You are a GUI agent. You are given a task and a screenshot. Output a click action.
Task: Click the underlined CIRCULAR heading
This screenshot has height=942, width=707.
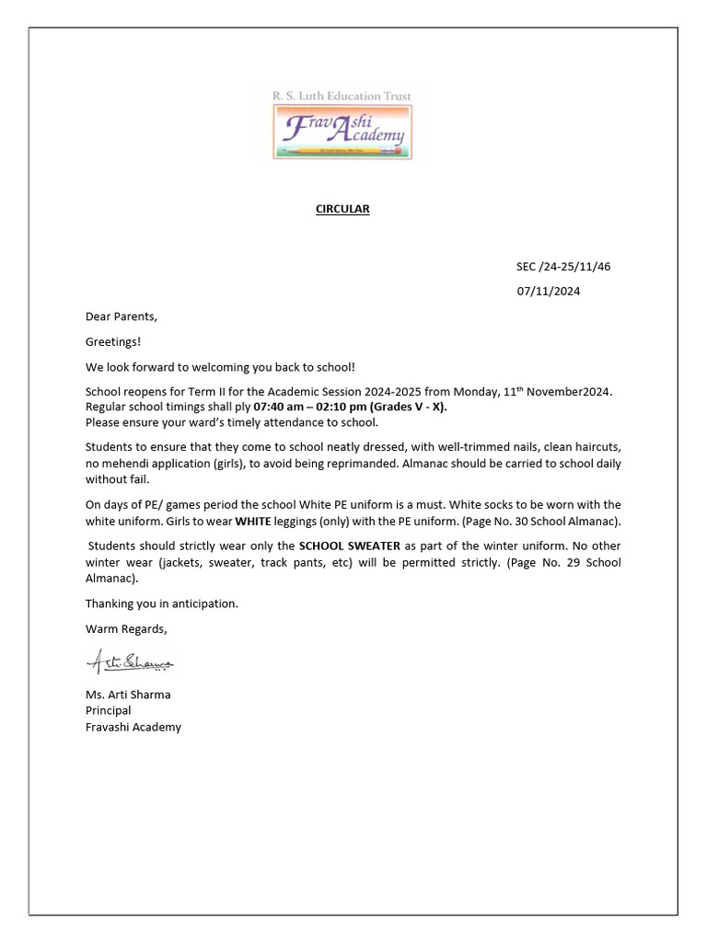(x=342, y=209)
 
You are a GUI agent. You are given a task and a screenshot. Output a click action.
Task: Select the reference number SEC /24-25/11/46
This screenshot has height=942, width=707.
(x=562, y=267)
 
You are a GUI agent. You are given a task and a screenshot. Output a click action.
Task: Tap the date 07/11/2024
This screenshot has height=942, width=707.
(x=548, y=292)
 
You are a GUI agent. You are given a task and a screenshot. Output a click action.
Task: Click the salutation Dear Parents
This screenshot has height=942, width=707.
(x=122, y=316)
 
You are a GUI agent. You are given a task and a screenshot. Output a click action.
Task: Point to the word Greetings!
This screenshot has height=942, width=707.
(x=113, y=341)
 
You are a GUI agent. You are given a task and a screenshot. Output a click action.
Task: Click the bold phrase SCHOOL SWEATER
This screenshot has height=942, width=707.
(x=350, y=546)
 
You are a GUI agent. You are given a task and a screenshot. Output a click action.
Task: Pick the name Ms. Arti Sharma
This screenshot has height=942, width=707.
(x=128, y=695)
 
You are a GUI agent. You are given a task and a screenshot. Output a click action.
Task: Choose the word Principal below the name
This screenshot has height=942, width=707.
(x=109, y=710)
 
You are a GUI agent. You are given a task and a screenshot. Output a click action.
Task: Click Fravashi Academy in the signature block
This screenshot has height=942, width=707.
(x=133, y=727)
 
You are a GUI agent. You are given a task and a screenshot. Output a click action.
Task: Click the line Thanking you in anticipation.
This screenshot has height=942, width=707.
(x=162, y=603)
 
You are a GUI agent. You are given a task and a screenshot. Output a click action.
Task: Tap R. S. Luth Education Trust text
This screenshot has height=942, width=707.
(x=342, y=95)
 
